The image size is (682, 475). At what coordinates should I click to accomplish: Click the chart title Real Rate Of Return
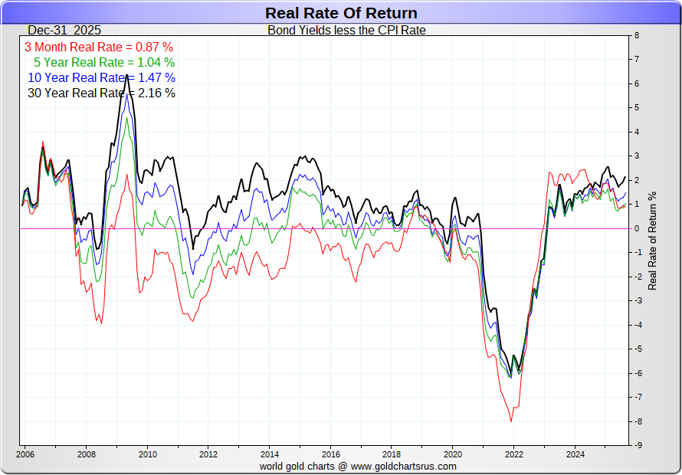click(341, 13)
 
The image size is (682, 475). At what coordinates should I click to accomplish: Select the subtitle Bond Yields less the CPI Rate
click(346, 31)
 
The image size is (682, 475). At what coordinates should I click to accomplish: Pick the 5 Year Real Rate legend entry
click(104, 62)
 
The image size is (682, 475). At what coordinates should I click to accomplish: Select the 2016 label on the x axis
click(330, 454)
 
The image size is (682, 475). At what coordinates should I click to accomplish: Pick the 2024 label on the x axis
click(575, 454)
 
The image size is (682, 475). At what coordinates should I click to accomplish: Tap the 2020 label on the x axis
click(452, 454)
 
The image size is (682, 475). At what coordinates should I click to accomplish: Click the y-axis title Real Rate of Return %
click(653, 240)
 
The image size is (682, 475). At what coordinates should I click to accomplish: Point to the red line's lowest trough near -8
click(511, 421)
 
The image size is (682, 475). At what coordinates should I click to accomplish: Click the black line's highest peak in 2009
click(126, 77)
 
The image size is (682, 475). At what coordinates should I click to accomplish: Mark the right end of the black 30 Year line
click(625, 177)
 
